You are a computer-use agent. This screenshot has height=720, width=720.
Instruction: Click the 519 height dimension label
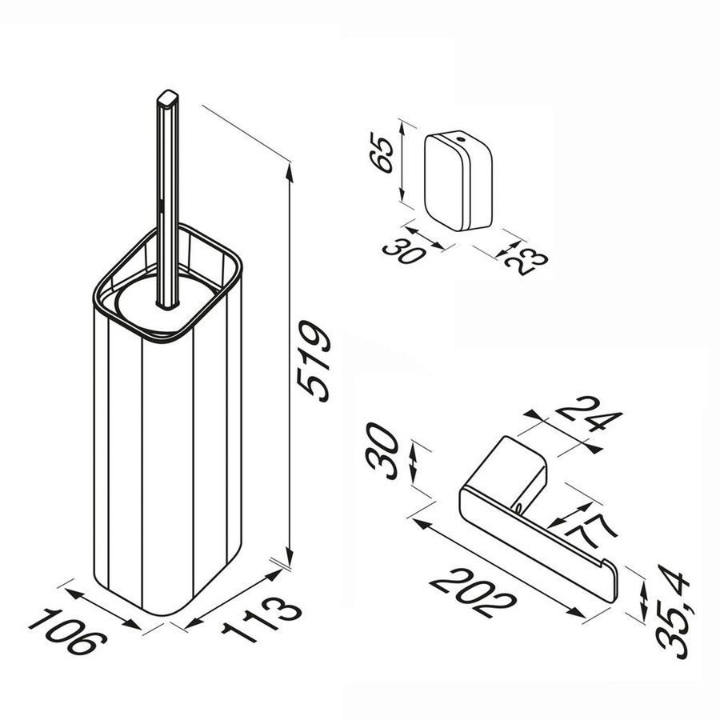click(x=313, y=360)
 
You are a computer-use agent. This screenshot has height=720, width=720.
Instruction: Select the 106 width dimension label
click(x=69, y=632)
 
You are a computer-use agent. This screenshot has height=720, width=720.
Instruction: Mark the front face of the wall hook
click(x=444, y=182)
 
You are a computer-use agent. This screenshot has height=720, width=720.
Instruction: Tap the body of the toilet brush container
click(x=168, y=464)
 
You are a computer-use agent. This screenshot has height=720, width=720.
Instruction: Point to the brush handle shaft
click(x=168, y=200)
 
